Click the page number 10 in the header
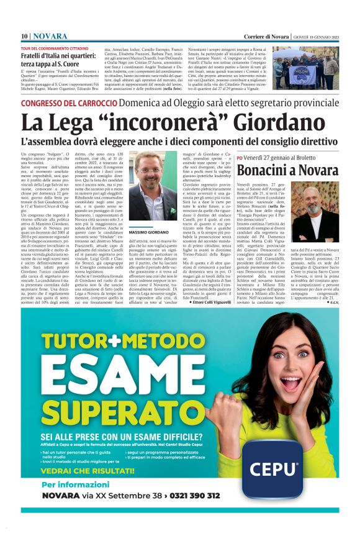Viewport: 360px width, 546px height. pos(24,37)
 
